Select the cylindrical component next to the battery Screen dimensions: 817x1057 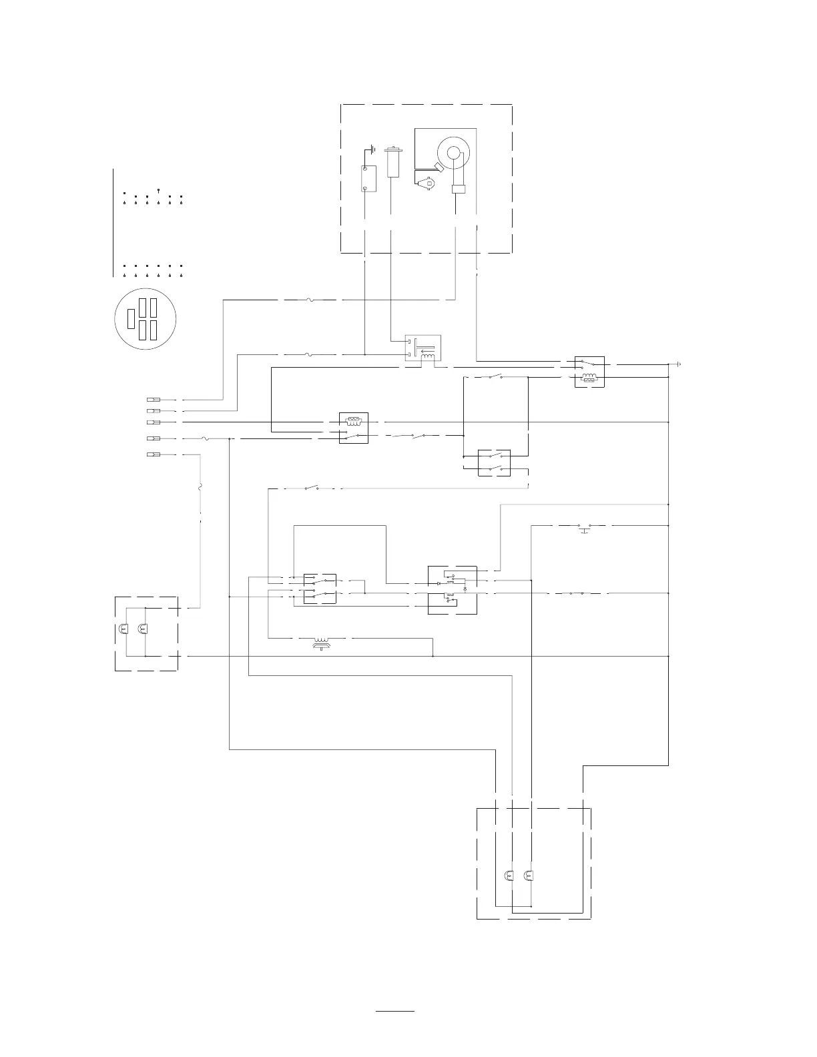coord(393,163)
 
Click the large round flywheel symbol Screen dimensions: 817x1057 coord(454,154)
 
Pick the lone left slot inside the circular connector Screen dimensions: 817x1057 coord(131,318)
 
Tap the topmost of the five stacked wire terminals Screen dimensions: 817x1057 coord(153,400)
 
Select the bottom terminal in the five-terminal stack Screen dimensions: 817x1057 coord(153,454)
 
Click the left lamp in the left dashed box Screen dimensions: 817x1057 coord(123,629)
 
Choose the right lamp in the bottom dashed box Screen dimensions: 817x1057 coord(529,875)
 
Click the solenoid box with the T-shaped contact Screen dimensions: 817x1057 coord(423,350)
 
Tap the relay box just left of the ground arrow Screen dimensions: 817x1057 coord(589,372)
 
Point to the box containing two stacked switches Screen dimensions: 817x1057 coord(495,463)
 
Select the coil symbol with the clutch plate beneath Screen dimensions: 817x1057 coord(322,642)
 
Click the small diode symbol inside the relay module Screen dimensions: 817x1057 coord(439,583)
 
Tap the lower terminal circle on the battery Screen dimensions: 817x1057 coord(364,188)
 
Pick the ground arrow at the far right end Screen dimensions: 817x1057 coord(678,364)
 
